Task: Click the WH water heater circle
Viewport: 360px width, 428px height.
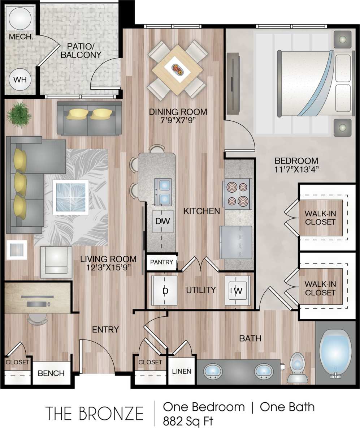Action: tap(20, 80)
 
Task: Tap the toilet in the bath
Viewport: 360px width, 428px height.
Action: tap(298, 368)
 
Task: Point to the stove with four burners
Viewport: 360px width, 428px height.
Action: tap(238, 194)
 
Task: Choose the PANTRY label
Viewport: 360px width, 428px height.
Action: tap(161, 262)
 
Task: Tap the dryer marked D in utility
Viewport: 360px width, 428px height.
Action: tap(164, 290)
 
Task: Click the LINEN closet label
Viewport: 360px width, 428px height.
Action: tap(182, 371)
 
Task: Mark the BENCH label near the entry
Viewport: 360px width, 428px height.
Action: tap(51, 373)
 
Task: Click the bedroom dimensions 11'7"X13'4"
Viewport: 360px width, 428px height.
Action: tap(296, 169)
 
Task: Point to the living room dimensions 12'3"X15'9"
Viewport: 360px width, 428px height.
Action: tap(108, 267)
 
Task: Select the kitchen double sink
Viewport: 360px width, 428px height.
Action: tap(163, 192)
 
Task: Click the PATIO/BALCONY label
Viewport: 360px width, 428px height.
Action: tap(81, 51)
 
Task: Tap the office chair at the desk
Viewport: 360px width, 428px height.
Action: tap(38, 318)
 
